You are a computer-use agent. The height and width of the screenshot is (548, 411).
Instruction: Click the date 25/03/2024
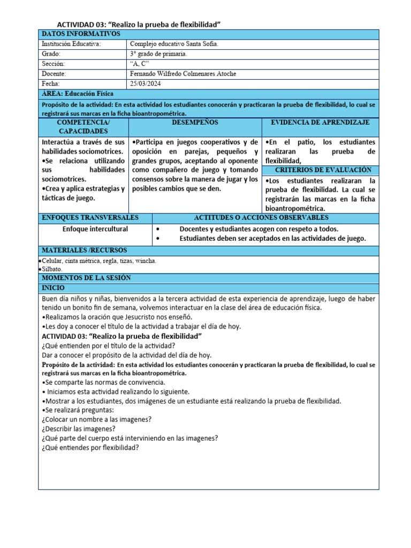tap(146, 84)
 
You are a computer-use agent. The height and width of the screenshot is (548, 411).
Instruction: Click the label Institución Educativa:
tap(71, 44)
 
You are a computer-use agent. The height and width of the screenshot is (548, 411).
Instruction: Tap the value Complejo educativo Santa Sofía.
tap(174, 44)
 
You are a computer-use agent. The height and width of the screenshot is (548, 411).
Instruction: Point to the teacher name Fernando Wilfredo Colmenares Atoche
tap(183, 74)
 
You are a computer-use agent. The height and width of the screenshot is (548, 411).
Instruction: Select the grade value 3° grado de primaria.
tap(159, 54)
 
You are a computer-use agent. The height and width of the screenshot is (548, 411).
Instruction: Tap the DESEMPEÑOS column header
tap(195, 123)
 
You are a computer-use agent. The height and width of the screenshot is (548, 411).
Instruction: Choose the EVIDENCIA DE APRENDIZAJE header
tap(320, 123)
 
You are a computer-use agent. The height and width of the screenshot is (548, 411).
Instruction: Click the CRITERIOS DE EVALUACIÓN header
tap(319, 170)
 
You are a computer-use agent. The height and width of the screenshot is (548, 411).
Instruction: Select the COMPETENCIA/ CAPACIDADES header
tap(83, 127)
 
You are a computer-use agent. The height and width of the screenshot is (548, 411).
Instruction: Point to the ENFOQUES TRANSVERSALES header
tap(90, 218)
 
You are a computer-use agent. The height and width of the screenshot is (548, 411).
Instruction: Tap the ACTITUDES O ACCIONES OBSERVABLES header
tap(261, 218)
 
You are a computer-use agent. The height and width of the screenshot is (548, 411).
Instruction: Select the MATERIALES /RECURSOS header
tap(84, 250)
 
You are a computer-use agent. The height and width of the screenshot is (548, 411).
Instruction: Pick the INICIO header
tap(53, 288)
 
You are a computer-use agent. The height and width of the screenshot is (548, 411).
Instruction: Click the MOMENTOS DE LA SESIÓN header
tap(86, 278)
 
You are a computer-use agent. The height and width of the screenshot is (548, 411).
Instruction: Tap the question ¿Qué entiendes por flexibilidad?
tap(90, 447)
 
